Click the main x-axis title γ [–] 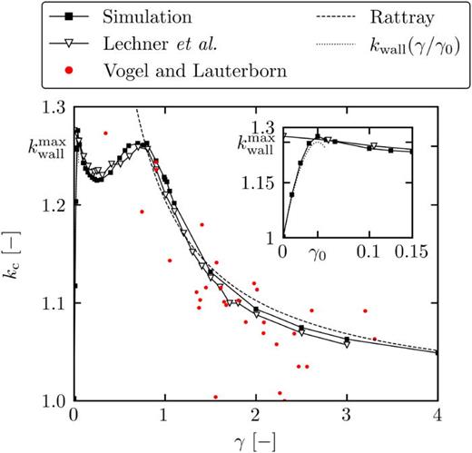coord(255,440)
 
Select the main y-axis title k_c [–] coord(18,254)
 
